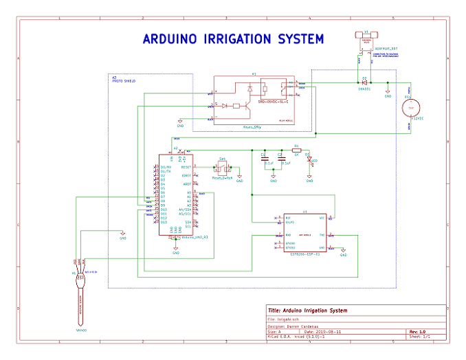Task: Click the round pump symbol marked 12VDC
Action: pyautogui.click(x=411, y=108)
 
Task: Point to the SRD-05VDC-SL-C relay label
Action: pyautogui.click(x=273, y=101)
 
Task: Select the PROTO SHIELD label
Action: pyautogui.click(x=123, y=82)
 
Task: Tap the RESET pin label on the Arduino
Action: pyautogui.click(x=186, y=167)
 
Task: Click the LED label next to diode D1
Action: pyautogui.click(x=314, y=162)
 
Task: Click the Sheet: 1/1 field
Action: pyautogui.click(x=420, y=337)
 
